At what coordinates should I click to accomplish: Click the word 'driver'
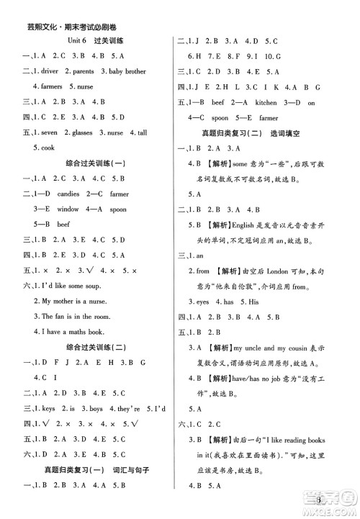coord(54,71)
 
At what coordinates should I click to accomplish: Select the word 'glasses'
coord(79,132)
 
